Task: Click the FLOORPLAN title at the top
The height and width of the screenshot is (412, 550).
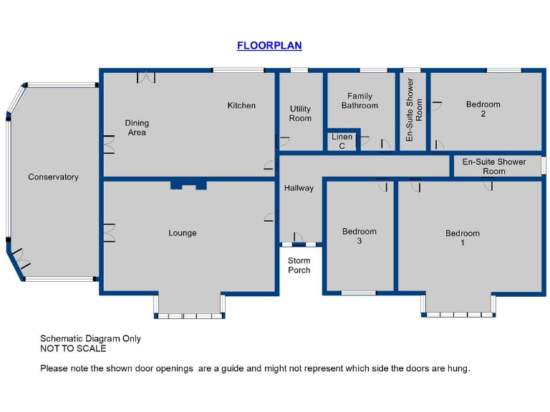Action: coord(269,46)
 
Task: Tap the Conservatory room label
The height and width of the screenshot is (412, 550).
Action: coord(53,177)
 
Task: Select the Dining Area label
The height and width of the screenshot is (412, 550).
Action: coord(136,127)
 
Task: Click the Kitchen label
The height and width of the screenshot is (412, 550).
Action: coord(241,106)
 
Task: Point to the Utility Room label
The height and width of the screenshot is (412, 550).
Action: coord(300,114)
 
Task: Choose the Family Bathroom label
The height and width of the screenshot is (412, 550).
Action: coord(360,101)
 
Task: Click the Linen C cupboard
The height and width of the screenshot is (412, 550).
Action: coord(342,141)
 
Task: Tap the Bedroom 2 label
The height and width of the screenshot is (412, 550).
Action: coord(483,109)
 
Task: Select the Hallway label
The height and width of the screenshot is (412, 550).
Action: coord(299,188)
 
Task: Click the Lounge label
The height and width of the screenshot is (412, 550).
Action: coord(182,233)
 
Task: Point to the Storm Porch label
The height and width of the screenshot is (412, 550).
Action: coord(299,265)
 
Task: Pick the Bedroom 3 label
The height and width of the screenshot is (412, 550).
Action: coord(359,236)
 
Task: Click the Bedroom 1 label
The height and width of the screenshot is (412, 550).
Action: coord(462,238)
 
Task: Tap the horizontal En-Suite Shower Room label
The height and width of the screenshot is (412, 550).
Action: coord(493,166)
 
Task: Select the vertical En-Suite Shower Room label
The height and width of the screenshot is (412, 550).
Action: coord(414,109)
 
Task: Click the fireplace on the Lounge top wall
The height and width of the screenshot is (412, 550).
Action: coord(188,185)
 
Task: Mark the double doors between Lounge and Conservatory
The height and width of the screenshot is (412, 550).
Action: coord(108,232)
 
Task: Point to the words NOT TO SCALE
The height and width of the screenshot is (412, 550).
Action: coord(73,349)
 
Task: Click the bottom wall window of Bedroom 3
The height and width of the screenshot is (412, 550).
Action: coord(358,292)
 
